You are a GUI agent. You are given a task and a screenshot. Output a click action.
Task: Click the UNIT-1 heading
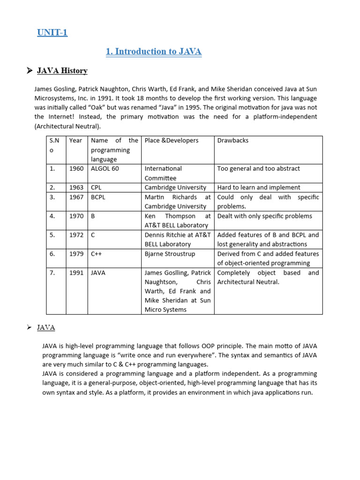(52, 33)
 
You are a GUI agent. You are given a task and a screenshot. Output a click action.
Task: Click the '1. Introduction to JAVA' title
(154, 52)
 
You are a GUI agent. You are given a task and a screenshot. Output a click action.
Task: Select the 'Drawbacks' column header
(233, 141)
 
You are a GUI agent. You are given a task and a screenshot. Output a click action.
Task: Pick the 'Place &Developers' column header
(171, 141)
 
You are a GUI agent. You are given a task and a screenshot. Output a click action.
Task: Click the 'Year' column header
(75, 141)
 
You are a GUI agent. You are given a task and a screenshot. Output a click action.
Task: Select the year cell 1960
(76, 169)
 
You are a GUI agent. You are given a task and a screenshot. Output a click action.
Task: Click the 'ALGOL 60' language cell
(105, 169)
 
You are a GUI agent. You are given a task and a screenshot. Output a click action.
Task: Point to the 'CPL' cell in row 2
(96, 187)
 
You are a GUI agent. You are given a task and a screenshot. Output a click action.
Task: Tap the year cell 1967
(76, 197)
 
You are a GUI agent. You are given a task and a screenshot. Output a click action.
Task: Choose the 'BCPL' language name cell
(98, 197)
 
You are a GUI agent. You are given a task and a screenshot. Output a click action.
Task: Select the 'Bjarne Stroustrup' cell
(170, 254)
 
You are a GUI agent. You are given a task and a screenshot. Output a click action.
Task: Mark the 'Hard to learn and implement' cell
(259, 187)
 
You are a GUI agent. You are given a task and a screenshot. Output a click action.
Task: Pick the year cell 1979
(76, 254)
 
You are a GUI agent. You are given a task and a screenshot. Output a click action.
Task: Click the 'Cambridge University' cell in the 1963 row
(175, 187)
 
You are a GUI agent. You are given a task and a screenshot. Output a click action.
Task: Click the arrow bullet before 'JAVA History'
(29, 71)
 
